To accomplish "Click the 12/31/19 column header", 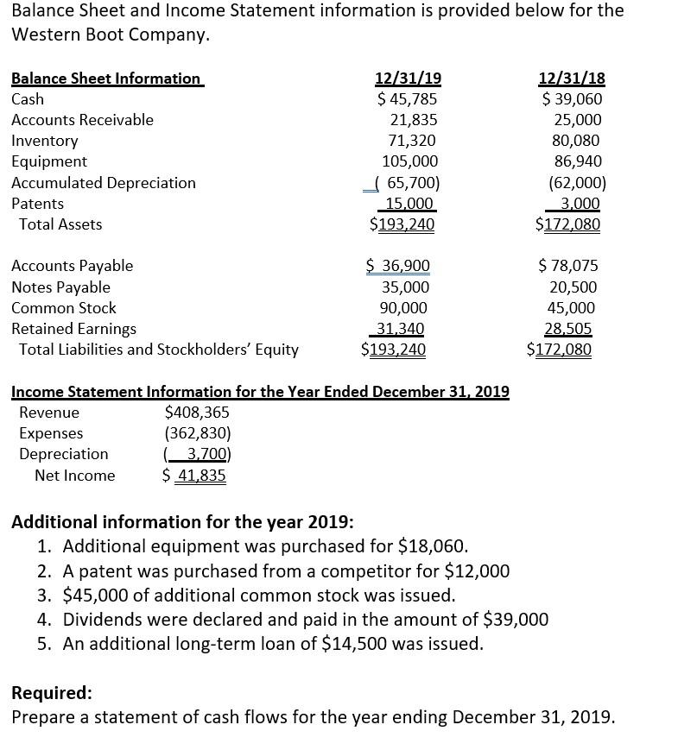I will click(408, 79).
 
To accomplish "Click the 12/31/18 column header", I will click(572, 79).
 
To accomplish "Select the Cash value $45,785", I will click(408, 99).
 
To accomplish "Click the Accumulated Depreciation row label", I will click(104, 183).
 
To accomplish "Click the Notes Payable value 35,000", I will click(405, 287).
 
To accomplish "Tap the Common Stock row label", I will click(64, 308).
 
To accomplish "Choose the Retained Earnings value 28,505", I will click(567, 329).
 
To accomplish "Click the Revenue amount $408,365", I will click(197, 413).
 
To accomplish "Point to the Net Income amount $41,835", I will click(194, 476).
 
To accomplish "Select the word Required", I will click(50, 693).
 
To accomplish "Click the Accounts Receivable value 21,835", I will click(414, 120).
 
